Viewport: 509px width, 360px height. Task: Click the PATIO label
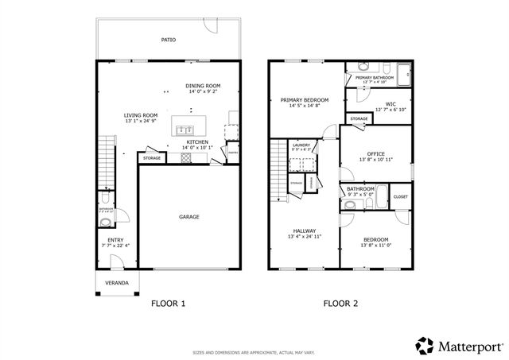168,39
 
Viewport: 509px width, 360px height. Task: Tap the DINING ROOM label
204,86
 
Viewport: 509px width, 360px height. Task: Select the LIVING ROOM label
141,115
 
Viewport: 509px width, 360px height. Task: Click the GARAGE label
188,216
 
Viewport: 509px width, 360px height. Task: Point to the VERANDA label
117,282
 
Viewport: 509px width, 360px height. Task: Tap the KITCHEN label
197,142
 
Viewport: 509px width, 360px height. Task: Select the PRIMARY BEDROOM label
304,100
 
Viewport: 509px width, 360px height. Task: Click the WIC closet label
390,103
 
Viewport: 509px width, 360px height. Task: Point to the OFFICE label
376,153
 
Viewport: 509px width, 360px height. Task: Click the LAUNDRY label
301,145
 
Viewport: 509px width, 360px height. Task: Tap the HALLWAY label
305,230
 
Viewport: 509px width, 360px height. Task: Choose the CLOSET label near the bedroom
400,196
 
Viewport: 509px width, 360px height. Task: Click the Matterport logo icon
425,344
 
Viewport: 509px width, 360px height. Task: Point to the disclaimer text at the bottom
254,351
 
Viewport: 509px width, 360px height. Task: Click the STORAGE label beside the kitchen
152,158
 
